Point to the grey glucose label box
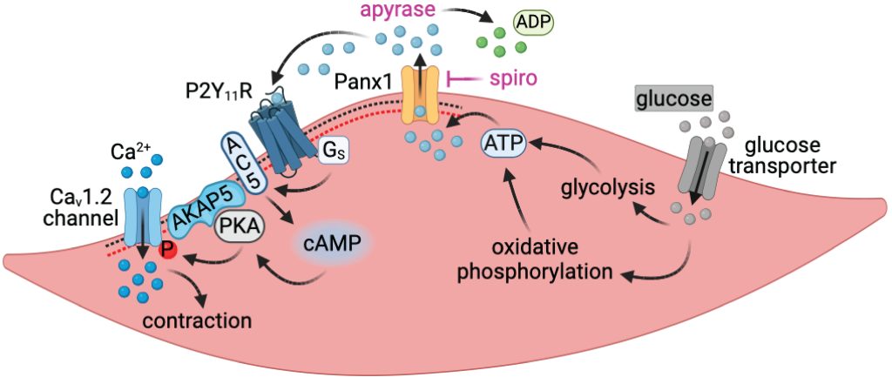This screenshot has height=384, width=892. [674, 98]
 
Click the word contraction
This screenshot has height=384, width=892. [198, 320]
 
